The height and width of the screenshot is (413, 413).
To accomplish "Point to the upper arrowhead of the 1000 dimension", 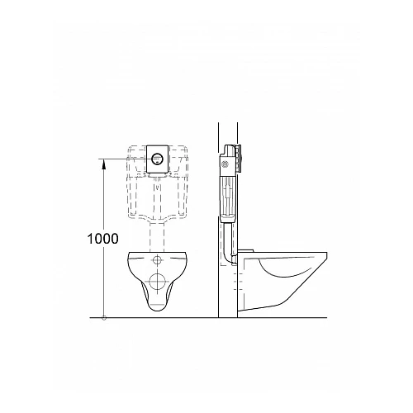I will tap(102, 164).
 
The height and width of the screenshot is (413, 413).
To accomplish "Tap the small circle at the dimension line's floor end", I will tap(102, 316).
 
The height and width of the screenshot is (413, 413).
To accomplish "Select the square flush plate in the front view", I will tap(159, 159).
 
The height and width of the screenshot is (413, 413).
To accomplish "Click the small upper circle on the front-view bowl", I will tap(159, 261).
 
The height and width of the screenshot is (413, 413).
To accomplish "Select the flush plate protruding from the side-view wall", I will tap(242, 156).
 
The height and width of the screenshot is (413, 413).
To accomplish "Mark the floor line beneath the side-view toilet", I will tap(281, 316).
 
